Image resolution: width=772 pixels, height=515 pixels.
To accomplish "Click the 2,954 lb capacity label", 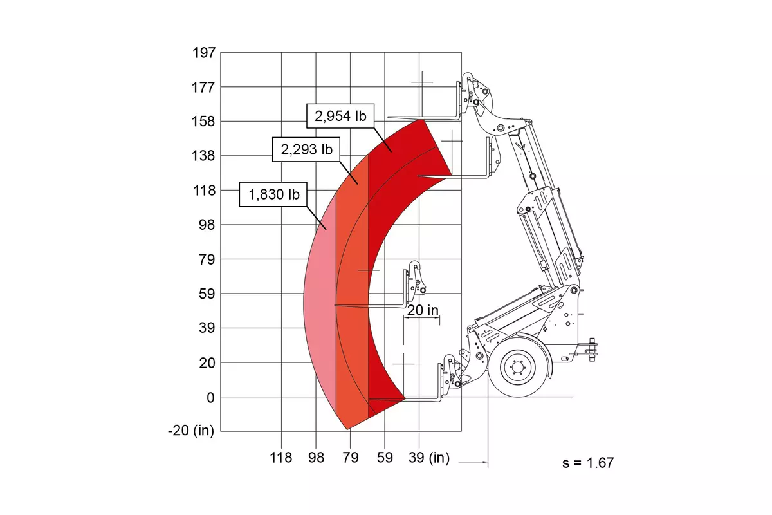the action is click(x=340, y=116).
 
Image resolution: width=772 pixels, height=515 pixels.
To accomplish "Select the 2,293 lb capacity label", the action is click(x=306, y=150).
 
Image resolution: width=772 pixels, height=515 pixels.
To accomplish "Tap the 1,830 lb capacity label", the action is click(x=273, y=194).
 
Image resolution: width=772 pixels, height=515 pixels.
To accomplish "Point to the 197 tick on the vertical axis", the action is click(x=204, y=53).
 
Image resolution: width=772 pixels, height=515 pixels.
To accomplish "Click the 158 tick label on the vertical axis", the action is click(x=203, y=122).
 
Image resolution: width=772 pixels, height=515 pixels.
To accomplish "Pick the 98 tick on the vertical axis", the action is click(x=207, y=225).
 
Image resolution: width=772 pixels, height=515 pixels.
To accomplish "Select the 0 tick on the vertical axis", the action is click(x=210, y=398).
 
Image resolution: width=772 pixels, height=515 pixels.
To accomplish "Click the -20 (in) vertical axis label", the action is click(x=191, y=431).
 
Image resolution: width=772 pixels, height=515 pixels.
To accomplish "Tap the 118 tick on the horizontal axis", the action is click(x=281, y=458).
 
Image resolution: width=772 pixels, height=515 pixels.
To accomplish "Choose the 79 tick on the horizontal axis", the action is click(x=351, y=458).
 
